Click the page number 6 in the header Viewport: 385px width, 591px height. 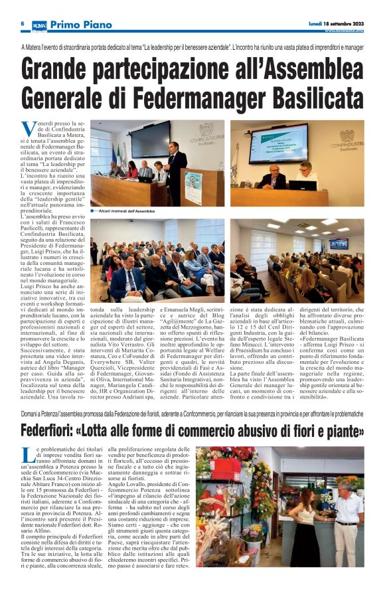point(22,23)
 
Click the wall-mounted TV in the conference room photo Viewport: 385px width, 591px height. point(339,244)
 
